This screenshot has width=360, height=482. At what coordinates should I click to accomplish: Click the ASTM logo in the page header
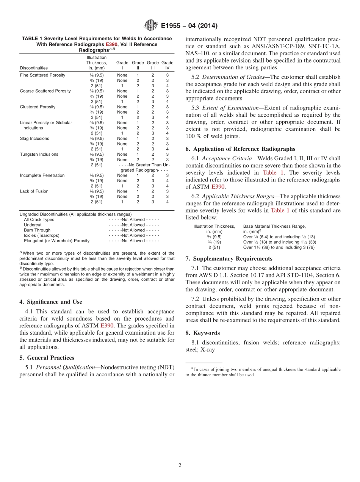pyautogui.click(x=151, y=26)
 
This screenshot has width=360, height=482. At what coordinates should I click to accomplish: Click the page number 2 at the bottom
pyautogui.click(x=180, y=465)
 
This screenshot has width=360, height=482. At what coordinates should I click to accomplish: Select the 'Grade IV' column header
pyautogui.click(x=167, y=65)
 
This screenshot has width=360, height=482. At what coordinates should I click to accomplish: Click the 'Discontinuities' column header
pyautogui.click(x=34, y=68)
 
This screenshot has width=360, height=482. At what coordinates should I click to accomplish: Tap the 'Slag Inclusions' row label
pyautogui.click(x=34, y=139)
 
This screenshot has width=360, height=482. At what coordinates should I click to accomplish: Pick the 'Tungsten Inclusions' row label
pyautogui.click(x=39, y=155)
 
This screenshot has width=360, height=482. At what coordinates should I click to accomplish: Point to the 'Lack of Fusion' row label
pyautogui.click(x=34, y=191)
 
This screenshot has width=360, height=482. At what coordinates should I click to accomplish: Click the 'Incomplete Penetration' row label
pyautogui.click(x=42, y=175)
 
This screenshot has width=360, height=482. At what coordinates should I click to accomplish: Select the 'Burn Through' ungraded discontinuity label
pyautogui.click(x=36, y=230)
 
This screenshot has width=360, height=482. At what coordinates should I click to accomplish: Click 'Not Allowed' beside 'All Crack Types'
pyautogui.click(x=134, y=220)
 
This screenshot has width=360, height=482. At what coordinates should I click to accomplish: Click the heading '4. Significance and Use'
pyautogui.click(x=50, y=302)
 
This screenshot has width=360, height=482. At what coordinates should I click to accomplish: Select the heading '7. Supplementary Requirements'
pyautogui.click(x=229, y=259)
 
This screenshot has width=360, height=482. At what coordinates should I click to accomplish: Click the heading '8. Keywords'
pyautogui.click(x=202, y=333)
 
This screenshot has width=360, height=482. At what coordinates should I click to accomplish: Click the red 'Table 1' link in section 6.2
pyautogui.click(x=280, y=210)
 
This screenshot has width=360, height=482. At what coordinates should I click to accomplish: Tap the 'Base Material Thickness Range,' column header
pyautogui.click(x=274, y=226)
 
